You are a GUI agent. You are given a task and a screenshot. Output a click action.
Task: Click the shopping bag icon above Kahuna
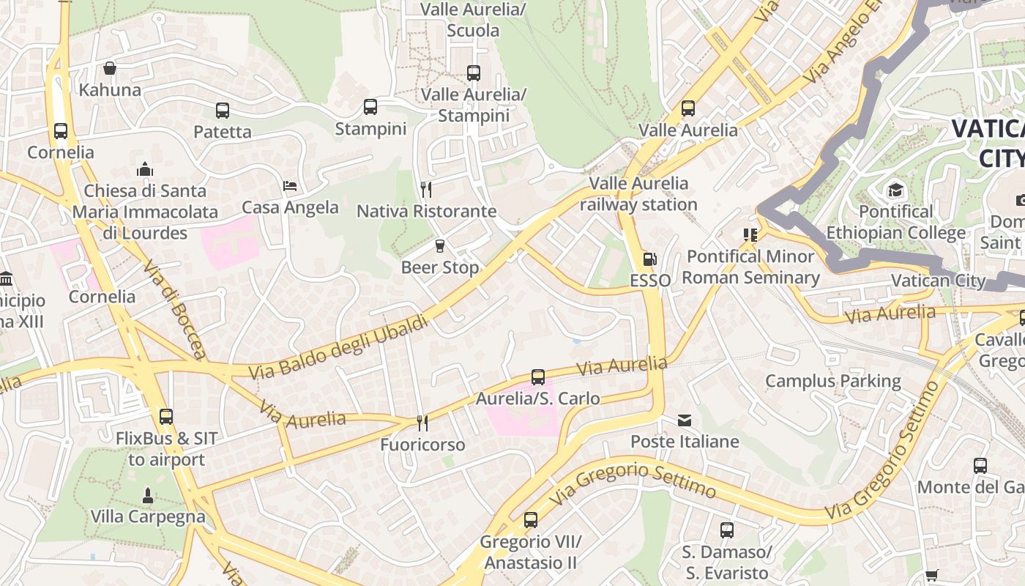[x=110, y=68]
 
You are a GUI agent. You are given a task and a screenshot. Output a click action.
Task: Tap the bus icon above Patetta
[x=223, y=111]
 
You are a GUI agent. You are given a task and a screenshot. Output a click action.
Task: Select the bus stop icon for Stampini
[x=370, y=107]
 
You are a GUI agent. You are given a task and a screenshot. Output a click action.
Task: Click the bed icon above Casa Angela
[x=290, y=185]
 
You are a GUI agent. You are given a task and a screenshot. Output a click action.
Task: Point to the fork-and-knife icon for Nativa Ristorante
[x=426, y=190]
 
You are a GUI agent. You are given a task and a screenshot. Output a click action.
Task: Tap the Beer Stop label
[x=440, y=267]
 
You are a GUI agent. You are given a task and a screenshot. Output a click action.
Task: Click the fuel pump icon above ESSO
[x=649, y=259]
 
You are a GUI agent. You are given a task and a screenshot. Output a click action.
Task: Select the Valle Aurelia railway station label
[x=638, y=194]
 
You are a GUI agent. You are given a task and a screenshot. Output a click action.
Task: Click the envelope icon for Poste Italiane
[x=685, y=420]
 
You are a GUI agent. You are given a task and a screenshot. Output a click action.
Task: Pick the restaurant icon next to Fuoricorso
[x=422, y=423]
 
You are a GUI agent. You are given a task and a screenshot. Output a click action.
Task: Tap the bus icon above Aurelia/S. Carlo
[x=538, y=377]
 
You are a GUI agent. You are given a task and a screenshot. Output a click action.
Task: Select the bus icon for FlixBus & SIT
[x=166, y=417]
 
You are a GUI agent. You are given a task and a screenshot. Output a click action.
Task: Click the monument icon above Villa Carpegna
[x=147, y=495]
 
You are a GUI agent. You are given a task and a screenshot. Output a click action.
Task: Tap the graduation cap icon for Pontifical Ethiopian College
[x=895, y=190]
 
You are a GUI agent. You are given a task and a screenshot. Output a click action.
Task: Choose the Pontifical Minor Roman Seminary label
[x=750, y=267]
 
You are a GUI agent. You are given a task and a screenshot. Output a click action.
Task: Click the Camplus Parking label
[x=832, y=381]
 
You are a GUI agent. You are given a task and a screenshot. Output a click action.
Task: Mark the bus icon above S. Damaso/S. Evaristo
[x=726, y=530]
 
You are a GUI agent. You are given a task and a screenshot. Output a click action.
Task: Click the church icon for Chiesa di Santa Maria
[x=145, y=169]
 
